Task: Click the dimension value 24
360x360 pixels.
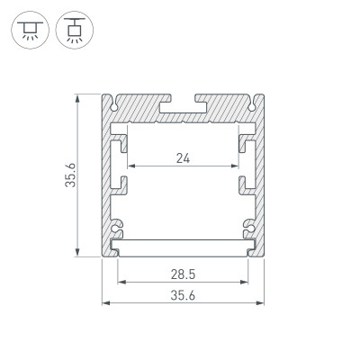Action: click(184, 159)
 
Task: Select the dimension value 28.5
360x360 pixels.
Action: click(184, 273)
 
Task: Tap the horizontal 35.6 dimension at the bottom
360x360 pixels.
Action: click(184, 294)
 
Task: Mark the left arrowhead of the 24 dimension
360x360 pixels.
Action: click(130, 167)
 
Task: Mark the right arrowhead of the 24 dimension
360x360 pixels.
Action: click(238, 167)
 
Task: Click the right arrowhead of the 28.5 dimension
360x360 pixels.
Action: click(247, 281)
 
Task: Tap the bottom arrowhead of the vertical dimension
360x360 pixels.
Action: click(80, 254)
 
